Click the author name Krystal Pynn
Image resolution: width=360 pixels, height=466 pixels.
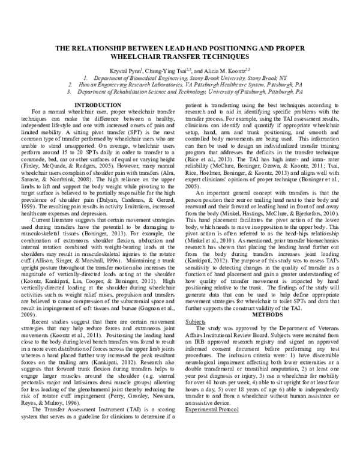pos(130,70)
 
